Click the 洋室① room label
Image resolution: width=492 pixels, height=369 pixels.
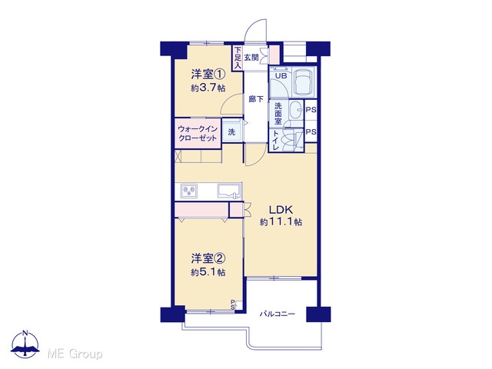click(x=208, y=75)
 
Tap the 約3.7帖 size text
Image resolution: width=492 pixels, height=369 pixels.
click(x=208, y=88)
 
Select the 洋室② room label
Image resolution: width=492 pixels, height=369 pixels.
click(x=208, y=258)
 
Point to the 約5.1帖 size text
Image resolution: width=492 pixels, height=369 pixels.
click(x=208, y=272)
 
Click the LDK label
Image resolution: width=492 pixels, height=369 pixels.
click(x=281, y=209)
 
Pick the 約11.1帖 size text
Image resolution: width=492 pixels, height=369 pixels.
click(x=281, y=222)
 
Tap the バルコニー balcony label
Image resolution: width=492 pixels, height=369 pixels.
click(x=277, y=314)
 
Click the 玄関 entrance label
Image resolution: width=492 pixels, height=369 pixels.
click(x=251, y=58)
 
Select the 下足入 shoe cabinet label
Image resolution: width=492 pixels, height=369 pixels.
click(x=238, y=58)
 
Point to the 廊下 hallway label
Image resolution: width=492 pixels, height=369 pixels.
click(x=256, y=99)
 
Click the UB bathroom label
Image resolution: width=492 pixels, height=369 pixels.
click(x=281, y=75)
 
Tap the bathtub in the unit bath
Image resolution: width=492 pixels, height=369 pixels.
click(x=304, y=82)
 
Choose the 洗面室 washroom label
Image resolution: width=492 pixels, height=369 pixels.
click(x=278, y=113)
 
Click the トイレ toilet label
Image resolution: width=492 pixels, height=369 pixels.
click(x=276, y=141)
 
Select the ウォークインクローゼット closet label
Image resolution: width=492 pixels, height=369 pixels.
click(x=198, y=134)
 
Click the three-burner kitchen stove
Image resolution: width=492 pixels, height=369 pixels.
click(x=189, y=191)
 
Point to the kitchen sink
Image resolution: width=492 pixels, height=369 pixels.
click(x=229, y=191)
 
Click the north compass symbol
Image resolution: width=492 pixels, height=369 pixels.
click(x=25, y=344)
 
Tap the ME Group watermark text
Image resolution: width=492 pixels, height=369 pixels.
click(x=75, y=354)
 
